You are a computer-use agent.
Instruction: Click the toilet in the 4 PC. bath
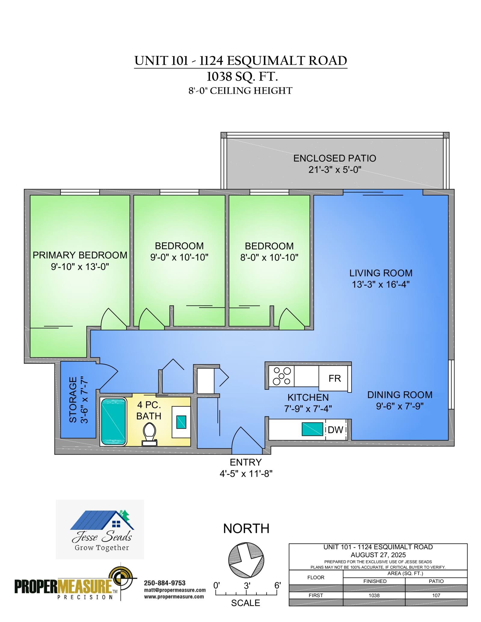149,434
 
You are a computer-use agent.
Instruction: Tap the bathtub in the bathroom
113,421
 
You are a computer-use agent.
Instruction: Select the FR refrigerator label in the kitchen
335,378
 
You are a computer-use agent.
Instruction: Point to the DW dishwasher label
335,430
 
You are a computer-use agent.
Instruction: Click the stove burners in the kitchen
282,376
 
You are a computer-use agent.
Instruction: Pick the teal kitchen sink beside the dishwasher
312,429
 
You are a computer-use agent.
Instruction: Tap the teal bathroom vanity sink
181,422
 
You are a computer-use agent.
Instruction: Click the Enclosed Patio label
335,158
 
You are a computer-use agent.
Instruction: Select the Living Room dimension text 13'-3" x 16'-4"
381,284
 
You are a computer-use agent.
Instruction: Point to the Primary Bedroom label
80,255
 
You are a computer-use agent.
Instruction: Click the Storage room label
73,400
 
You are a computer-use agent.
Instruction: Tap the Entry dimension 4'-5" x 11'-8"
246,474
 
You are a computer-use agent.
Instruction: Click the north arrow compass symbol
246,560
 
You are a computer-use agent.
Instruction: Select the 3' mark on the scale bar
247,585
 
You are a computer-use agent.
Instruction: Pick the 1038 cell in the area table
374,595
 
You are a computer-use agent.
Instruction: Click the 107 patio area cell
436,595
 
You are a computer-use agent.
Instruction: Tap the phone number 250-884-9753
165,583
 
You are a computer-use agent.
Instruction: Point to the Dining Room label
400,395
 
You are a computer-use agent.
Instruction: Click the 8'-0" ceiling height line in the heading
240,91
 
